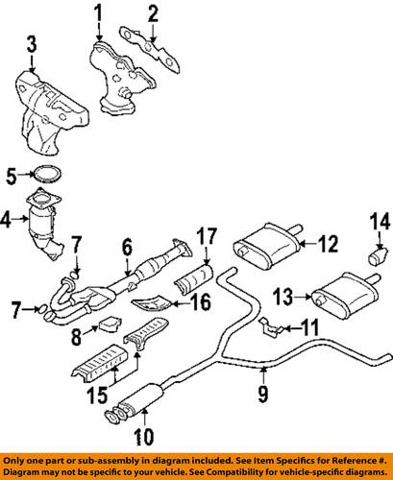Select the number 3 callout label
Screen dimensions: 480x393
32,43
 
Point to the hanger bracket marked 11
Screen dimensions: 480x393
272,329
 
